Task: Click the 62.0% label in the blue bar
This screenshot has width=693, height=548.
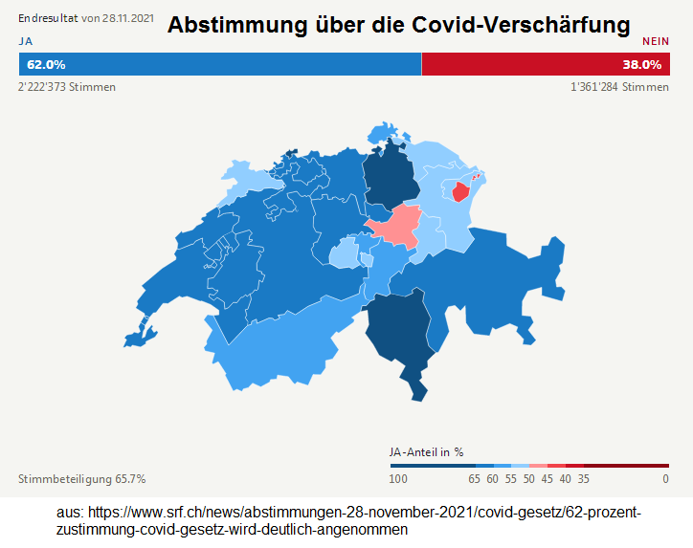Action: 46,65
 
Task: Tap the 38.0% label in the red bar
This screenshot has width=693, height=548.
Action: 641,65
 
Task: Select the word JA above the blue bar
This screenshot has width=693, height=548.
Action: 25,41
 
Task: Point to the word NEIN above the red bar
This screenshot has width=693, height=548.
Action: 655,41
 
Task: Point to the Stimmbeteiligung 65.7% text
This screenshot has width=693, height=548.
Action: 82,478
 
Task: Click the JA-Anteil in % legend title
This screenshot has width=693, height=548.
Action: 426,451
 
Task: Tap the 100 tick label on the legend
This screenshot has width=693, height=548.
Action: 398,478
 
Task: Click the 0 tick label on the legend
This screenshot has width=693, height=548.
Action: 665,478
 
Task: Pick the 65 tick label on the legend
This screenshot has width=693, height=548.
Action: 474,478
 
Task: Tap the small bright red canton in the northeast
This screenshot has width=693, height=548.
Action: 460,192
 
